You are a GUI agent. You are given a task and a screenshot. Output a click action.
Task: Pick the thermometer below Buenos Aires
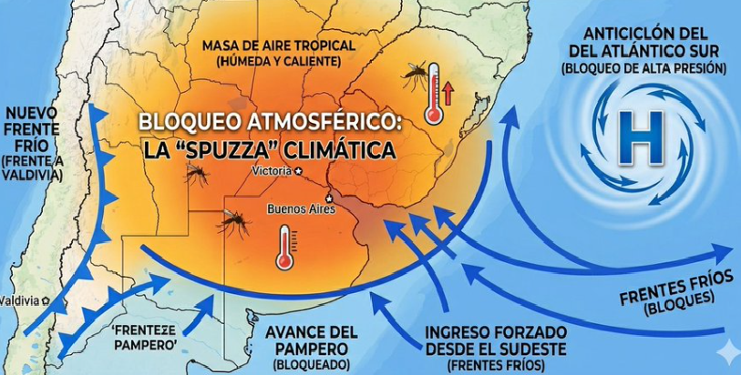click(x=284, y=248)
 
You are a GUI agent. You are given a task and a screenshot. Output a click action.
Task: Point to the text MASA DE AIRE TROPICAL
click(x=272, y=46)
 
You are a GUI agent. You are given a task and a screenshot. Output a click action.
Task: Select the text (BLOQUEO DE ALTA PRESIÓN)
click(x=643, y=68)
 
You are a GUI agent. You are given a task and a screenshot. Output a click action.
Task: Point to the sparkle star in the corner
click(x=726, y=350)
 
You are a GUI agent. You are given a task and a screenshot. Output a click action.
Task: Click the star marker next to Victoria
click(x=297, y=170)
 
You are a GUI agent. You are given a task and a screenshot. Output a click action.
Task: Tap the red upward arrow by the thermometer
click(x=448, y=92)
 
